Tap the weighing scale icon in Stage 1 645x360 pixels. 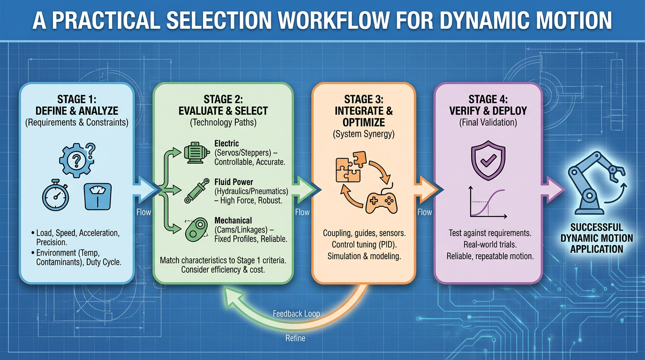click(97, 196)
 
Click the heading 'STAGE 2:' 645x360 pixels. click(223, 99)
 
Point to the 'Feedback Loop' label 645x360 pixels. click(296, 314)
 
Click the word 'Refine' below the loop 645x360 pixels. click(295, 338)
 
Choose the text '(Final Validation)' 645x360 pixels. click(487, 123)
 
